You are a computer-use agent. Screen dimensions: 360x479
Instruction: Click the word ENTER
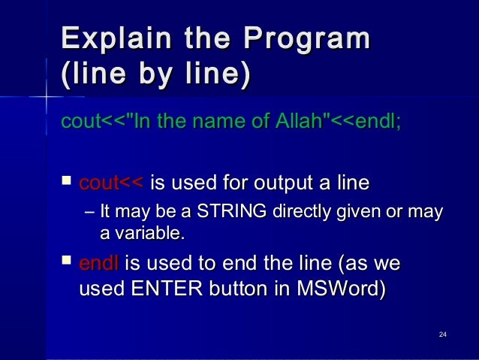pos(170,289)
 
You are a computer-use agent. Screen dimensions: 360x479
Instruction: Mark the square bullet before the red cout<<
pos(66,182)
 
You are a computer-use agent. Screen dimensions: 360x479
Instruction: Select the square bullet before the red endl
pos(66,263)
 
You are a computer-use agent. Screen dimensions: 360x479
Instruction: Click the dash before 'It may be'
pos(90,213)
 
